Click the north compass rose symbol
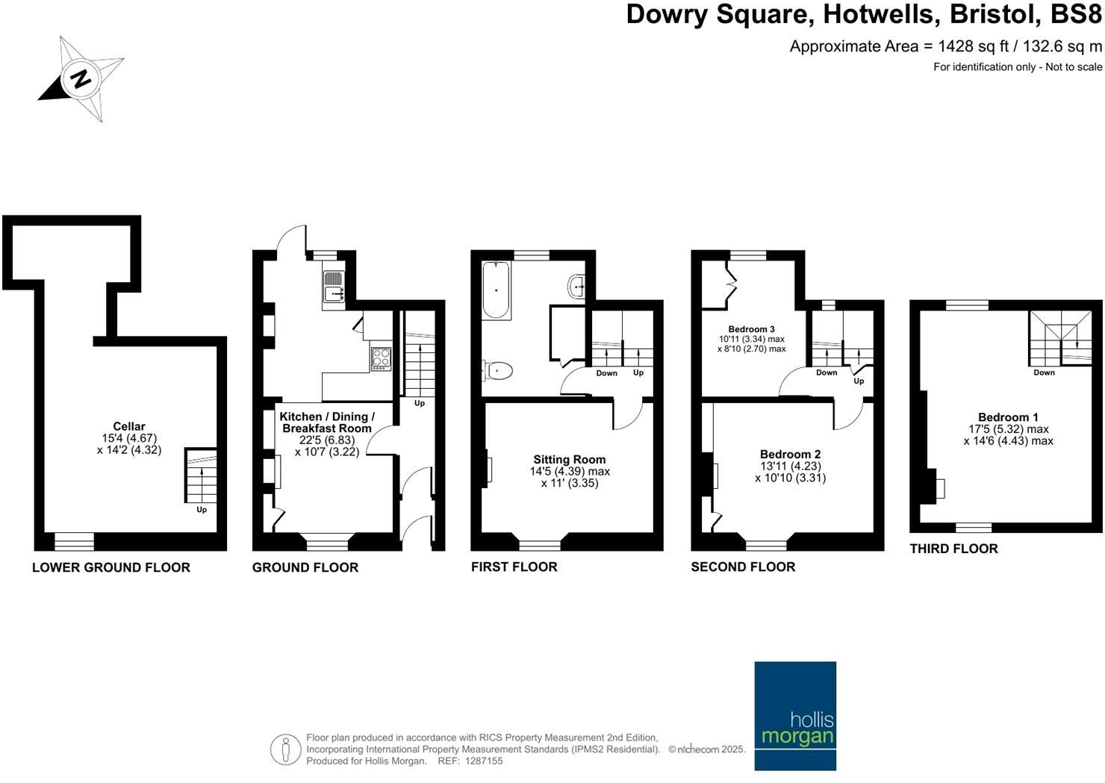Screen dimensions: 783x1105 81,78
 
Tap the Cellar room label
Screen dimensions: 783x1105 129,426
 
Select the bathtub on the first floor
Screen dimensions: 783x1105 496,290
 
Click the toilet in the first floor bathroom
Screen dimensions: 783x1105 498,370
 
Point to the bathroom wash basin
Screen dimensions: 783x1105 577,286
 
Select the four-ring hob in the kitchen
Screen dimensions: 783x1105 381,359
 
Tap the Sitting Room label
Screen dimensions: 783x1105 569,460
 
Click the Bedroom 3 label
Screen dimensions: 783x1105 751,329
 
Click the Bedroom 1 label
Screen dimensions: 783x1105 1008,417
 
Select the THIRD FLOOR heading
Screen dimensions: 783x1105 953,549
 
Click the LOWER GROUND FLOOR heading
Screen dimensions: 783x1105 110,567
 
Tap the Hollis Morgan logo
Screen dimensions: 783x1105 795,715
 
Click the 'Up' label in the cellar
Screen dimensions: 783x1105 202,510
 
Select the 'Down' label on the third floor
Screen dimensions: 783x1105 1044,372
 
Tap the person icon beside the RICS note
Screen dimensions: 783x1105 285,749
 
